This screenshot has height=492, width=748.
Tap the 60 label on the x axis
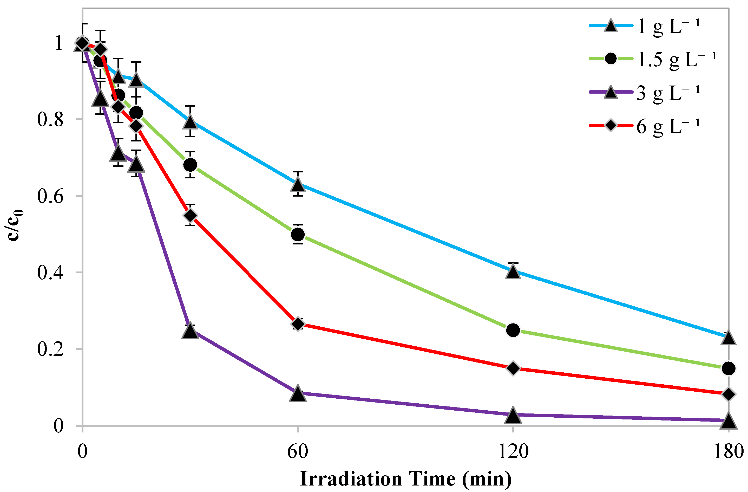(x=298, y=452)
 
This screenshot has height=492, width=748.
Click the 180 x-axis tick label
(x=729, y=452)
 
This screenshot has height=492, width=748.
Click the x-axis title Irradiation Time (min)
(x=405, y=479)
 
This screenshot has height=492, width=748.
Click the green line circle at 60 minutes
(x=298, y=234)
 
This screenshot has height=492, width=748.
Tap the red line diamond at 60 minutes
(x=298, y=324)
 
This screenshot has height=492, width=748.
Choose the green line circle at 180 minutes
(x=729, y=368)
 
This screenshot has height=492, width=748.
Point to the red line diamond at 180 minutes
(x=729, y=394)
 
